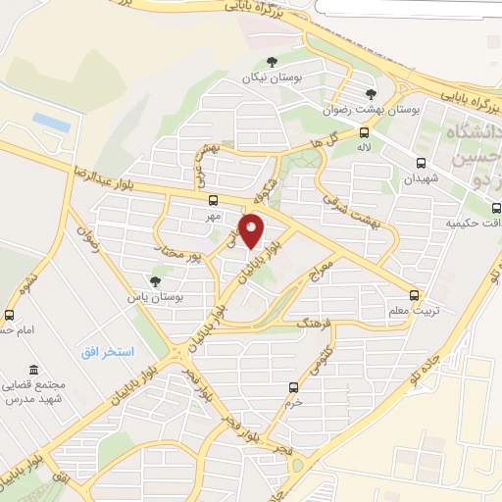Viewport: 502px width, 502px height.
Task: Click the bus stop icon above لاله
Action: coord(364,132)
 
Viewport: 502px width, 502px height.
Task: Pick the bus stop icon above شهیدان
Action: coord(421,164)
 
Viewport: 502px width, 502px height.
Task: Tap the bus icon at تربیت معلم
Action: coord(414,294)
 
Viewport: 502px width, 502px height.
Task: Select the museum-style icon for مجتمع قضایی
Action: coord(35,370)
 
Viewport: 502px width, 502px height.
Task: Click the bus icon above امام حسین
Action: coord(10,315)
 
